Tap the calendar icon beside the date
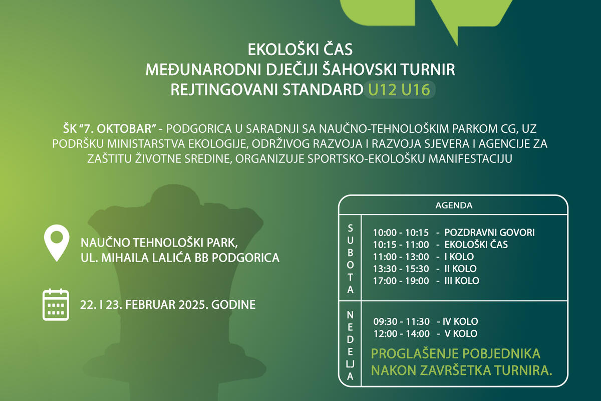click(56, 305)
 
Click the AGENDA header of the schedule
click(454, 206)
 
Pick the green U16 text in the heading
click(416, 89)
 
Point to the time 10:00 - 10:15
click(401, 233)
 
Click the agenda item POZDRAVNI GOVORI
click(489, 233)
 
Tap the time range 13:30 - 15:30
click(401, 269)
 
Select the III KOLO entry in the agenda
click(462, 281)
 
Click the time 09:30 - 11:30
click(401, 321)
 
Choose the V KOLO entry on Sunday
click(461, 334)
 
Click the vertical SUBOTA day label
click(350, 259)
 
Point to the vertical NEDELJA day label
click(350, 346)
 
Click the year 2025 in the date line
click(193, 305)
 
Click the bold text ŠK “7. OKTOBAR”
click(110, 129)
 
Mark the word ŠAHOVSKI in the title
click(364, 70)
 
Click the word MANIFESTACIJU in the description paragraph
click(470, 159)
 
